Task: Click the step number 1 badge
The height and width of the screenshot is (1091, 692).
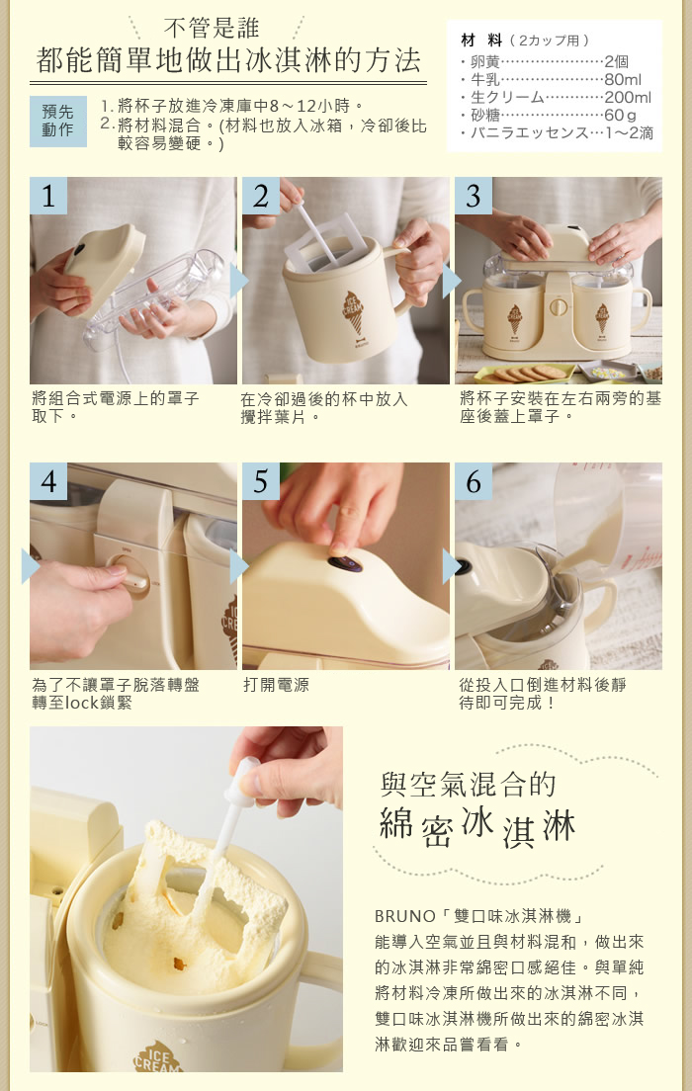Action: click(x=48, y=196)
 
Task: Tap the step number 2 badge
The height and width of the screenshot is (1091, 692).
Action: click(x=260, y=196)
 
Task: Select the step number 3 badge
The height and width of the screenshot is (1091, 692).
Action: click(x=474, y=196)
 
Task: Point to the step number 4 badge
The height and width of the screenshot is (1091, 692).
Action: click(x=48, y=481)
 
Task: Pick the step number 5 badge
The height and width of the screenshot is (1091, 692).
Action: click(x=260, y=481)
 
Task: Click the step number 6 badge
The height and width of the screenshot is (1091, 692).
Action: click(x=474, y=481)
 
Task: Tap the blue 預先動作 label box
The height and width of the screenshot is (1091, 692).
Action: click(x=57, y=122)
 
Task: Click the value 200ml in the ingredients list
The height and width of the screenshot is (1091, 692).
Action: click(x=628, y=98)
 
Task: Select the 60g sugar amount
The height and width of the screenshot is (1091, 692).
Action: click(x=620, y=115)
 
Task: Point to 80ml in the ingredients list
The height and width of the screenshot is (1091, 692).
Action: click(x=623, y=79)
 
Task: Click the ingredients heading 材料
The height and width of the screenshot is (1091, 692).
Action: click(x=481, y=41)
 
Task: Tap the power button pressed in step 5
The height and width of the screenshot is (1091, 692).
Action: click(x=345, y=563)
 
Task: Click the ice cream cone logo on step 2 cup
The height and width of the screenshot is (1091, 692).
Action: click(x=353, y=311)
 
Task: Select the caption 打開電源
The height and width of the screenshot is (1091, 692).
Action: click(x=276, y=686)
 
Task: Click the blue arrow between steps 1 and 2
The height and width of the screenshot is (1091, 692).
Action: click(x=239, y=281)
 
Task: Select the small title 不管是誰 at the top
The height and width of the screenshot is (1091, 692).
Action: click(x=212, y=29)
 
